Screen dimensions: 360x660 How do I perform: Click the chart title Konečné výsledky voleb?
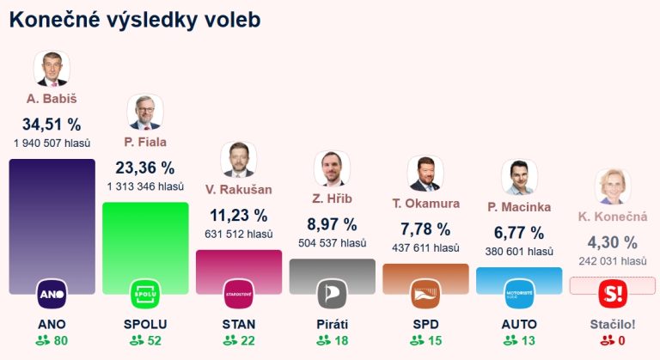135,19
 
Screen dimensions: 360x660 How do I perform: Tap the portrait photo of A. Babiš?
52,69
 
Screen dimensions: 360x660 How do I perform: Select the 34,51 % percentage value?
52,124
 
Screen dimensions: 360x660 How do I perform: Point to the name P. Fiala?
145,142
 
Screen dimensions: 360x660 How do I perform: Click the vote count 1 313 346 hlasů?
145,186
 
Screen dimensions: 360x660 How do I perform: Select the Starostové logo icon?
238,295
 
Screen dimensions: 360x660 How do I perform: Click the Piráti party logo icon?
332,295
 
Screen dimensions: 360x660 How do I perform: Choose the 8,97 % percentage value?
332,224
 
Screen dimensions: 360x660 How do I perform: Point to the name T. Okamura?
426,204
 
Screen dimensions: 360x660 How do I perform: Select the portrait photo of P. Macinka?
518,177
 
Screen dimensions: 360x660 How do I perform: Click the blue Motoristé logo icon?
519,295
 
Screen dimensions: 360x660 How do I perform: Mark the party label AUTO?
519,324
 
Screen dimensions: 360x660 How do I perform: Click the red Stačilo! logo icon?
613,295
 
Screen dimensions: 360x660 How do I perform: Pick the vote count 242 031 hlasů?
613,261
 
